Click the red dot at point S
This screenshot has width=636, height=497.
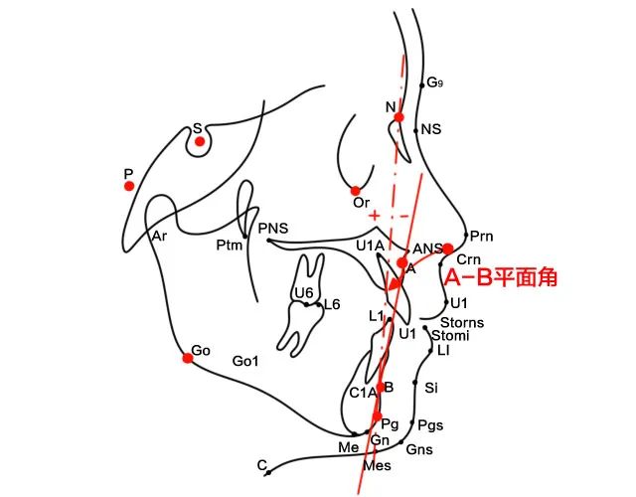pos(200,142)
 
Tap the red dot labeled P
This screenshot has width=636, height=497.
pos(128,186)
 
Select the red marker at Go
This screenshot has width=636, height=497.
pos(187,358)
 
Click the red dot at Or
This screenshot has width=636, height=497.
pos(356,190)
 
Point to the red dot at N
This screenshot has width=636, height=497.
pos(398,117)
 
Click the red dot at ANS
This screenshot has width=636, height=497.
pos(448,248)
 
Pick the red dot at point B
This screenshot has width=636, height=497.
pos(381,387)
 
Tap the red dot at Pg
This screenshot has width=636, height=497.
pos(377,416)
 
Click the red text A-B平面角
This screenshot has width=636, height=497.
pos(499,277)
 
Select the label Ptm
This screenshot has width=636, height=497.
pos(231,246)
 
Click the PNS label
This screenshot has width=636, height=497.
pos(272,230)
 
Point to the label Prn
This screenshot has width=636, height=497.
pos(482,237)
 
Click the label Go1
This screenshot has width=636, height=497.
pos(245,361)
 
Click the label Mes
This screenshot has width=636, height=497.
pos(378,465)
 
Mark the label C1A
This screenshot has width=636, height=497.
pos(362,393)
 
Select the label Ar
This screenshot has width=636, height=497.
pos(159,237)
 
